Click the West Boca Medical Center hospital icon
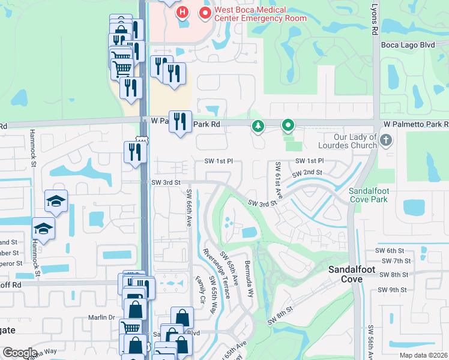point(182,12)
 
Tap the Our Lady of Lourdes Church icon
point(386,140)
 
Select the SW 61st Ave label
point(279,178)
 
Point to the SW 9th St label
point(393,290)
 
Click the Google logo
point(20,353)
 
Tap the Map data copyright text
point(423,355)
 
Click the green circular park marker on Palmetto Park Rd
point(288,125)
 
